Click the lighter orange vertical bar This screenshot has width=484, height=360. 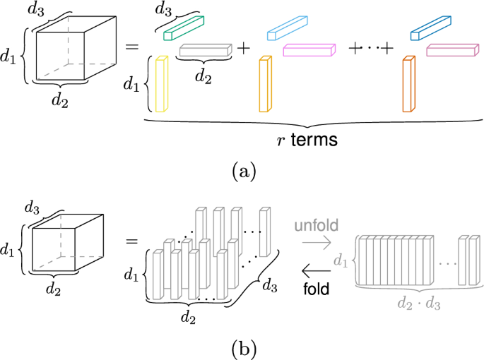265,85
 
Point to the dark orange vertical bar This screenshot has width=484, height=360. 408,85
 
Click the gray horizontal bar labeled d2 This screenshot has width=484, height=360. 206,50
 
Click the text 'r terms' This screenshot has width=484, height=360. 304,140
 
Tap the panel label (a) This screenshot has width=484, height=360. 241,171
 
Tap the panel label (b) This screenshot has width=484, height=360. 241,347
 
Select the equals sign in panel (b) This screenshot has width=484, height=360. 131,242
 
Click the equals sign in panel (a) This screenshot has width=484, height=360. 131,47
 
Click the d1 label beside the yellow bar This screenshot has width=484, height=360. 131,85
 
